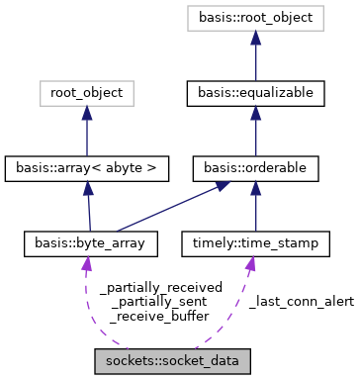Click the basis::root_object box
tap(254, 19)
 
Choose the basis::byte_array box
tap(87, 241)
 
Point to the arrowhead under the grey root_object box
tap(86, 113)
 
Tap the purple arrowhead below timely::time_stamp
tap(250, 261)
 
